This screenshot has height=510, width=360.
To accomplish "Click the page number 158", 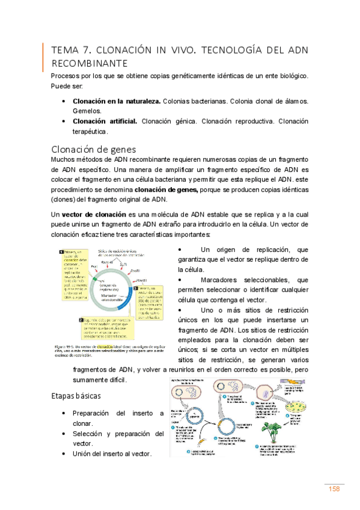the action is [x=334, y=488].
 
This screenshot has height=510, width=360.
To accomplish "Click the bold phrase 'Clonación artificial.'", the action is [x=105, y=121].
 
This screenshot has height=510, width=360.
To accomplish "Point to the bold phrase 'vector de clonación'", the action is [x=93, y=214].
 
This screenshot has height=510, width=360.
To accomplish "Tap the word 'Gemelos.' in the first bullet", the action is [x=88, y=112].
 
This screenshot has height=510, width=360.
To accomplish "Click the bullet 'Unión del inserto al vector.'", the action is [x=112, y=453].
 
